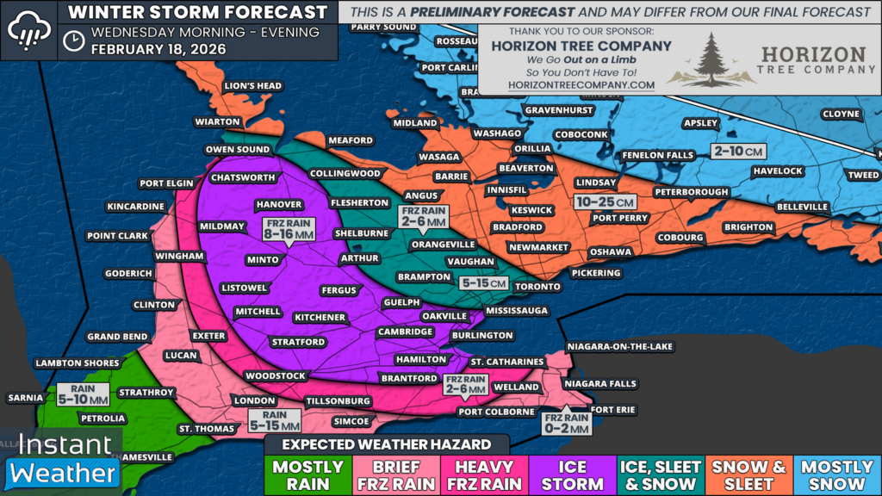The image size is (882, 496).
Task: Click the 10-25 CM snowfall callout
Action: (x=606, y=201)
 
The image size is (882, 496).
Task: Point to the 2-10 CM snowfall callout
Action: (x=739, y=152)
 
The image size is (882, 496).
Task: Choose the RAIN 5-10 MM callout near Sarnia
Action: (x=84, y=394)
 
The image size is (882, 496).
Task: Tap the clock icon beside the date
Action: (x=75, y=40)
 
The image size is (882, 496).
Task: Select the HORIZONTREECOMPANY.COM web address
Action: (x=569, y=85)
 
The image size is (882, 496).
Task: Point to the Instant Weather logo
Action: (x=62, y=459)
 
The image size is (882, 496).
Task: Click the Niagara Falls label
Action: (x=599, y=383)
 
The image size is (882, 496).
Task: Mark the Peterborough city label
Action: (x=691, y=191)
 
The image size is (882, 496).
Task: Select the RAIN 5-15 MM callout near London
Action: (x=275, y=420)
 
